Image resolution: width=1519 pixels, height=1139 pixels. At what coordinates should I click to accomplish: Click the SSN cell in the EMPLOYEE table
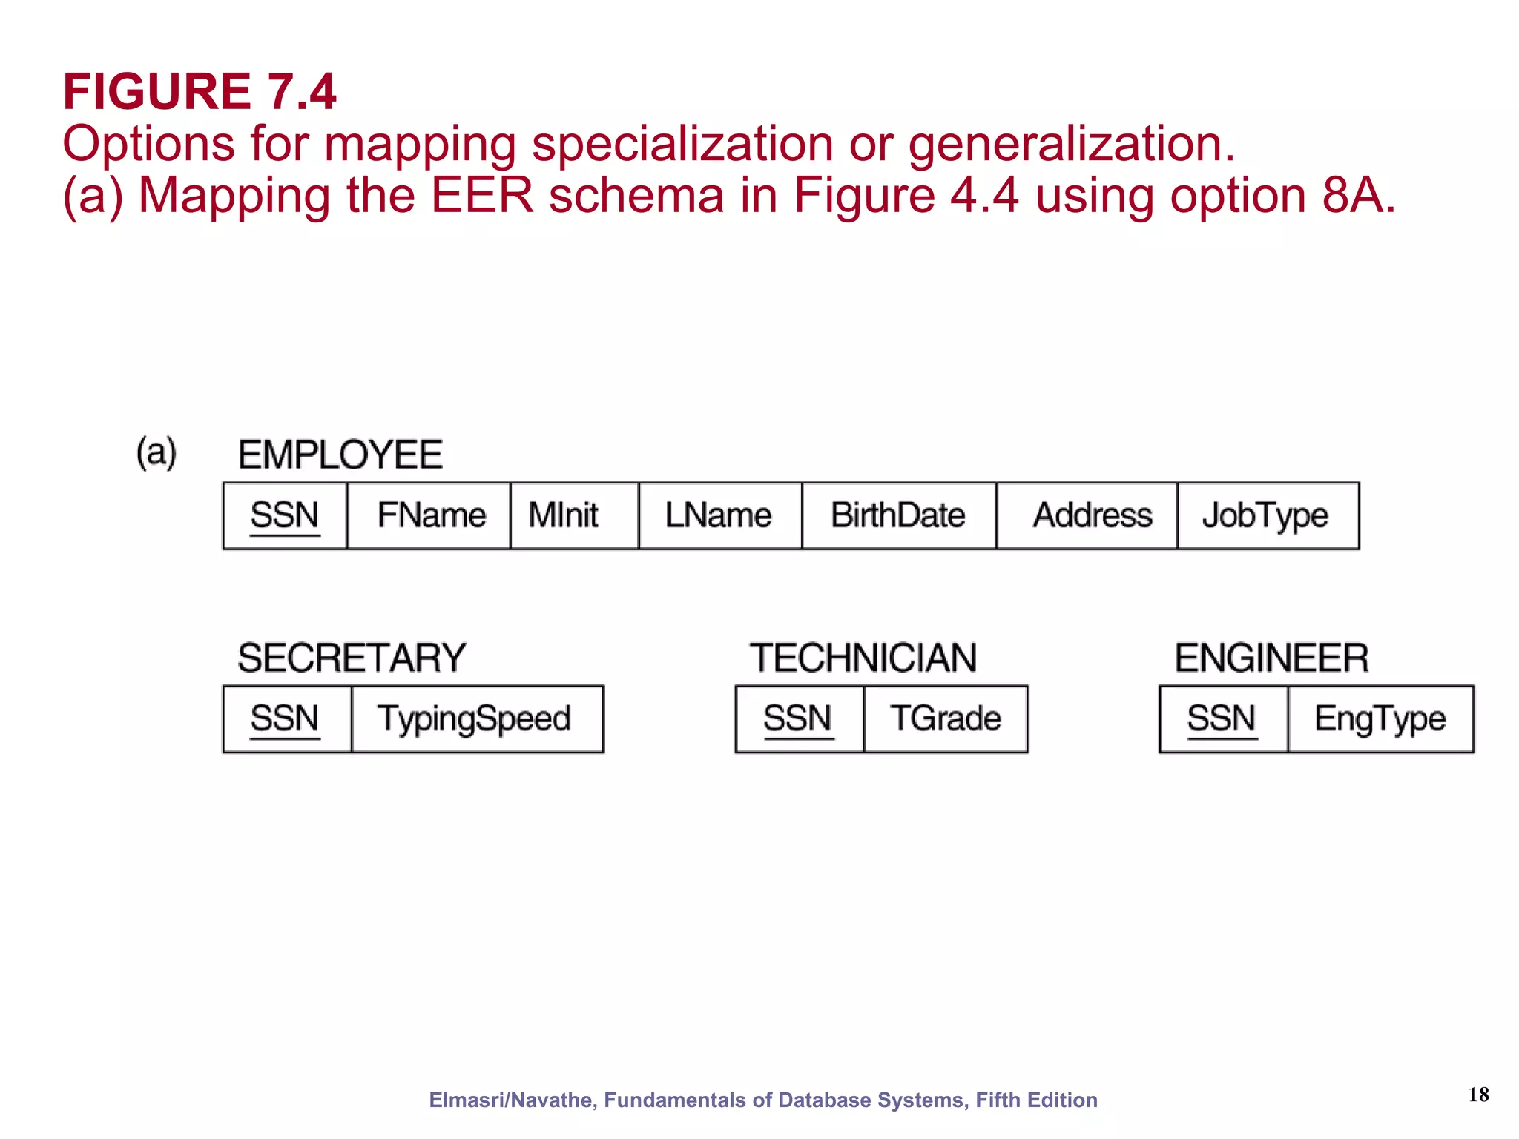click(x=285, y=515)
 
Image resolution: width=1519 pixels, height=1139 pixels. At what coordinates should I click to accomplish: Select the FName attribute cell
click(x=429, y=515)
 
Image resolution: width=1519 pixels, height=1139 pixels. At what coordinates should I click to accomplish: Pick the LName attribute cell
click(x=719, y=515)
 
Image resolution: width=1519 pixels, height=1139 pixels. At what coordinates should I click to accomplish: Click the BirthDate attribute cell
click(x=898, y=515)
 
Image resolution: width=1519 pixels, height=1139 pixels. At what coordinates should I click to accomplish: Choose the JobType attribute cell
click(x=1267, y=515)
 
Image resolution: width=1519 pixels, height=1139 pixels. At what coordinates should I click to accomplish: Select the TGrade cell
click(x=946, y=719)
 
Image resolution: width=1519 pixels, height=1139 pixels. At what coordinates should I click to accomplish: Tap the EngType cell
click(x=1380, y=719)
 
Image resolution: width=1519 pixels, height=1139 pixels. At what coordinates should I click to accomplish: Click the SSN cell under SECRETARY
click(x=286, y=719)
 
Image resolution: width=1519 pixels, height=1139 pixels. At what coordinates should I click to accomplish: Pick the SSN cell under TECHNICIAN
click(x=799, y=719)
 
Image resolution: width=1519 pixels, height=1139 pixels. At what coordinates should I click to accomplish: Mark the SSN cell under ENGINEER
click(x=1223, y=719)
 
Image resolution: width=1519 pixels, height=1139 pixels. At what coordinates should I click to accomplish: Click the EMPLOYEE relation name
click(x=340, y=455)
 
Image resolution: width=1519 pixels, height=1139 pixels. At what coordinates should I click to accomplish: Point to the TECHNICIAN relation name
click(x=863, y=658)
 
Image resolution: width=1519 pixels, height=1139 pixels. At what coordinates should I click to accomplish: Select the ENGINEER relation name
click(x=1271, y=658)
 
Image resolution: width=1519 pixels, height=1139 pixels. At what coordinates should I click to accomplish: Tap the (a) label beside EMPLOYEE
click(x=156, y=452)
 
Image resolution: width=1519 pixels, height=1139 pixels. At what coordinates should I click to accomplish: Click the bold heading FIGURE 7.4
click(x=200, y=92)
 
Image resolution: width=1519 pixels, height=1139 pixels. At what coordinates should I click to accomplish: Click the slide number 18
click(x=1478, y=1095)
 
